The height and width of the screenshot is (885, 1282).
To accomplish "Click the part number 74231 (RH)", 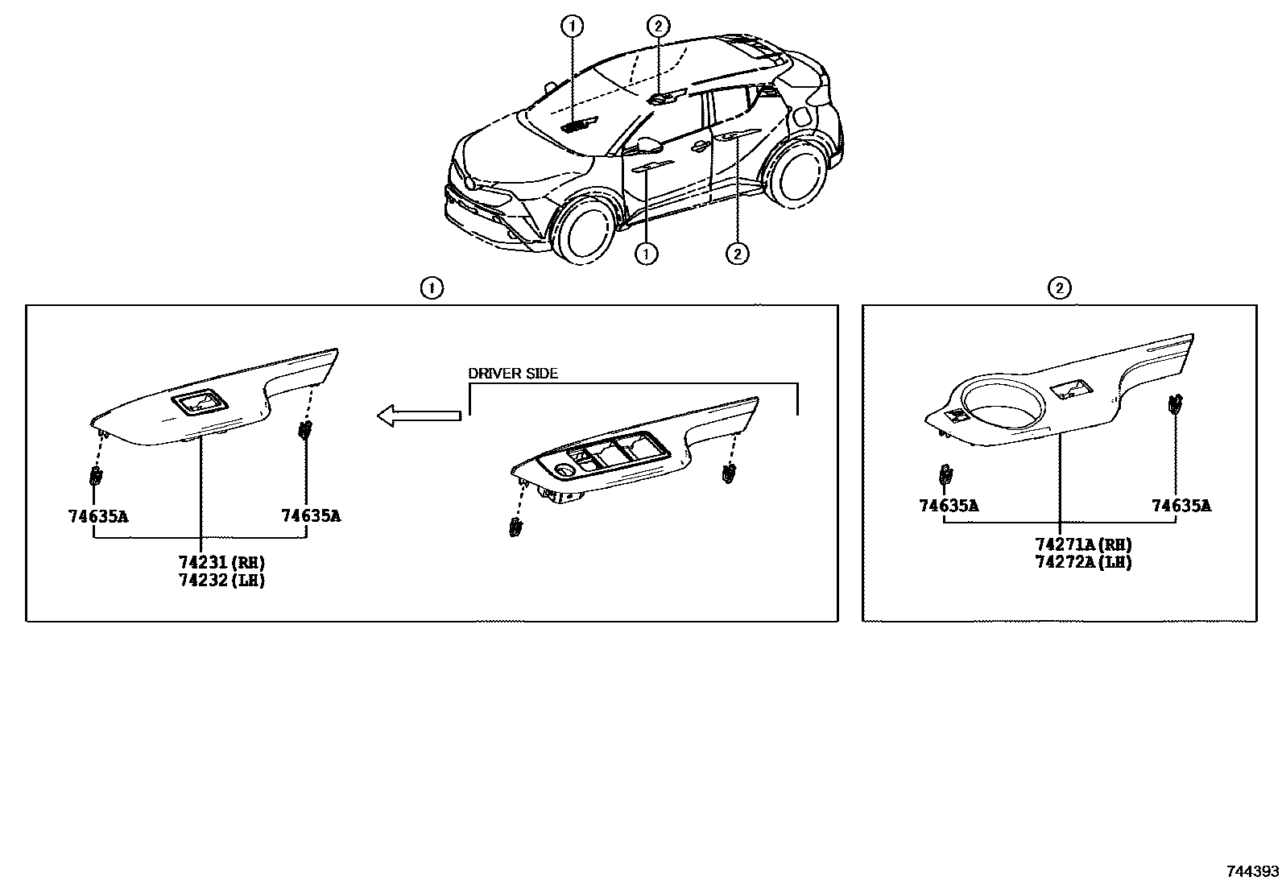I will pos(221,562).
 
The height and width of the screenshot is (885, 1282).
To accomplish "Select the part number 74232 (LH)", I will pos(221,579).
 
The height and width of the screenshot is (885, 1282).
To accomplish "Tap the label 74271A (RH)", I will pos(1083,545).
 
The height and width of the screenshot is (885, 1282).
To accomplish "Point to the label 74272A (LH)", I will pos(1083,562).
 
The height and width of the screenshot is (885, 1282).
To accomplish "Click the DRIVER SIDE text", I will pos(513,374).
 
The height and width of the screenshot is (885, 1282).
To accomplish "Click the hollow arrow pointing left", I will pos(419,416).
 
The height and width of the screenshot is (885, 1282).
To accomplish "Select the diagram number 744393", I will pos(1252,871).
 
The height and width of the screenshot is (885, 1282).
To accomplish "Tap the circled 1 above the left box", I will pos(432,287).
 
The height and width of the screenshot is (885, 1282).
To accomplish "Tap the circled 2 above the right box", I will pos(1060,287).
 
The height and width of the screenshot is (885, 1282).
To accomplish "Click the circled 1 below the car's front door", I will pos(647,254).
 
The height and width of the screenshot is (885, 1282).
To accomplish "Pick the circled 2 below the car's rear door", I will pos(737,254).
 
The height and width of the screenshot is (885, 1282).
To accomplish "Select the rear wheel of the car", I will pos(798,173).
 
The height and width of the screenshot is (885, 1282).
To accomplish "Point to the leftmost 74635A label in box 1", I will pos(98,516).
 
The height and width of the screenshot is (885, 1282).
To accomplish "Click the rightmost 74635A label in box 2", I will pos(1181,506).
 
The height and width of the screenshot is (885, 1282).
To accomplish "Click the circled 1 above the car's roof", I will pos(572,27).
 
